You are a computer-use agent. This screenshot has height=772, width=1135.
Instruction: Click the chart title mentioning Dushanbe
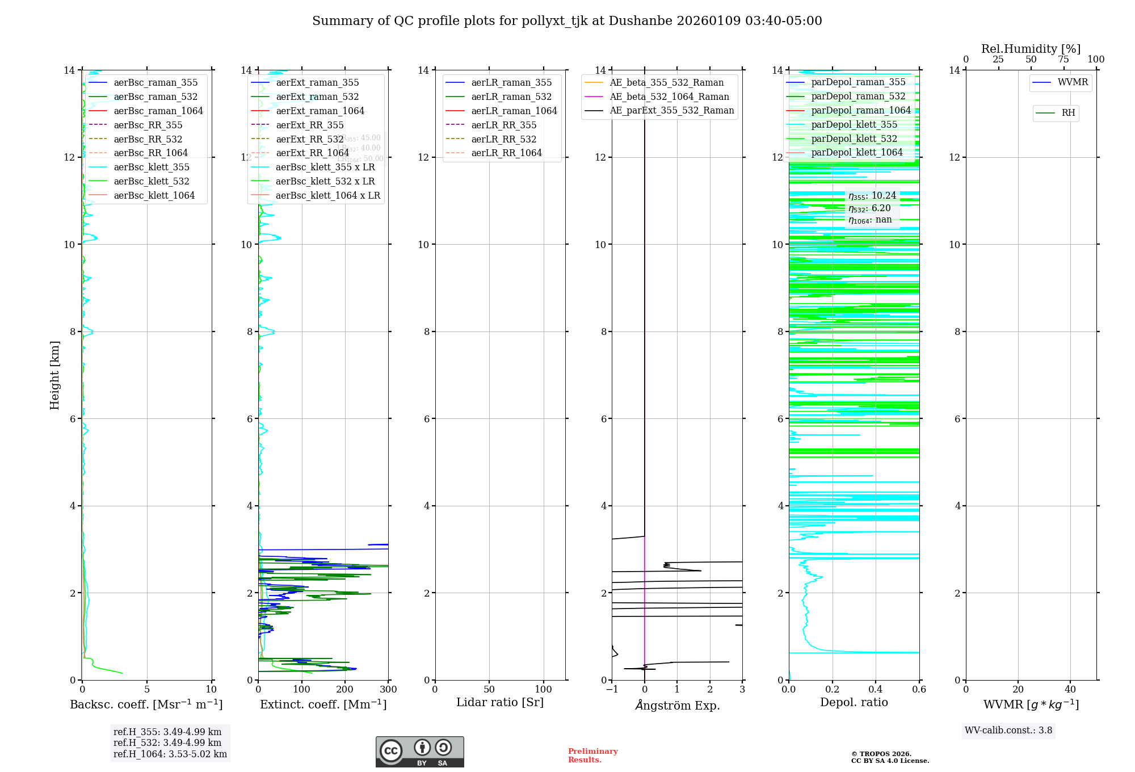pos(567,21)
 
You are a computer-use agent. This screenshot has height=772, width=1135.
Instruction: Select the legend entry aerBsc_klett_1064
pos(154,195)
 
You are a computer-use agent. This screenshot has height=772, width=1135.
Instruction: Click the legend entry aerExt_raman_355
pos(317,83)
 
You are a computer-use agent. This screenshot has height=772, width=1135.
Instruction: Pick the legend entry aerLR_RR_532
pos(503,139)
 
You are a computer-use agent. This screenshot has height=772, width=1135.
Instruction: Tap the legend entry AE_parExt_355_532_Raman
pos(671,111)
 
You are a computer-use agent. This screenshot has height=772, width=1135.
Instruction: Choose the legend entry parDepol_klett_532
pos(854,139)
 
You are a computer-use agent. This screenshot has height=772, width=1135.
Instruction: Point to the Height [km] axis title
pos(54,375)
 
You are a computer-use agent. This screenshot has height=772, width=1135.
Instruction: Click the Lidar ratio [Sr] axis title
pos(500,703)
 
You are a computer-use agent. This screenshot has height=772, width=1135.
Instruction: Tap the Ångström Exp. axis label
pos(677,706)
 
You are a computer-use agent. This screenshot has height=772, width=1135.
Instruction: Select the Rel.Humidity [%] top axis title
pos(1031,49)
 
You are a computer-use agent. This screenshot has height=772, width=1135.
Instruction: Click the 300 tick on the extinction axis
pos(388,690)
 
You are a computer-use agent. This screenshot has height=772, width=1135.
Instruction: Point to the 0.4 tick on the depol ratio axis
pos(876,690)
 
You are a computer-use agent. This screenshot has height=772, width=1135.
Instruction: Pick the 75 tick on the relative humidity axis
pos(1063,60)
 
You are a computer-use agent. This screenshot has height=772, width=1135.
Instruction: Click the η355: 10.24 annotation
pos(872,196)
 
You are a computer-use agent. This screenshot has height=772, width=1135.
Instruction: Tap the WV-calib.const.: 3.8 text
pos(1008,731)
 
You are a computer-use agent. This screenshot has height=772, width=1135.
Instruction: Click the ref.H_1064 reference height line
pos(170,754)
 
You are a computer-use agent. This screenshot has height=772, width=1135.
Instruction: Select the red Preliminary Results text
pos(592,756)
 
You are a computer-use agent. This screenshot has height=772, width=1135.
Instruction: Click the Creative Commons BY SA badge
pos(419,752)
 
